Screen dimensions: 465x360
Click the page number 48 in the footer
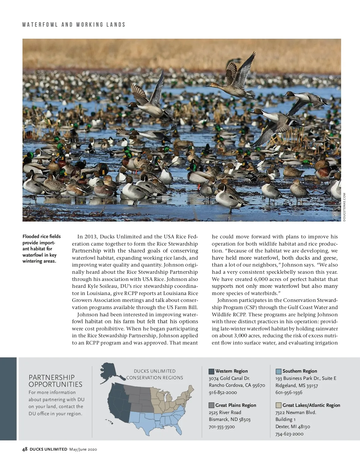click(25, 449)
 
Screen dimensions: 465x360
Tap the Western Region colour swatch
click(211, 371)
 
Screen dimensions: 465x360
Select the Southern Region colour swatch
click(278, 371)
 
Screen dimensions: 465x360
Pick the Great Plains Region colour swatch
click(211, 405)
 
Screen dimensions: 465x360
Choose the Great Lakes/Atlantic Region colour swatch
click(278, 405)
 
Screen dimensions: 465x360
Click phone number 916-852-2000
click(223, 392)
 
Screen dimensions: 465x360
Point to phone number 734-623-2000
click(289, 434)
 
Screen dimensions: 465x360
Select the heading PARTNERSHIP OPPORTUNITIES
click(55, 381)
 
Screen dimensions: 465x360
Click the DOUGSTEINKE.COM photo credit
click(344, 207)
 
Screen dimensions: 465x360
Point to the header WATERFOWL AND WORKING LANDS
click(74, 25)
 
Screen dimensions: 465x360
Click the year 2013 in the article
click(91, 237)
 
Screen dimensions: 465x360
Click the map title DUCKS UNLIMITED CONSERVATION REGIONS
click(154, 374)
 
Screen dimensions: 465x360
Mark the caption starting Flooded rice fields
click(41, 249)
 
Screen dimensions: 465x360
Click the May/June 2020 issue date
click(83, 449)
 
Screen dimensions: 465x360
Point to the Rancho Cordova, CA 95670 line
click(237, 385)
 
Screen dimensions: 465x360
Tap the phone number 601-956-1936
click(289, 392)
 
